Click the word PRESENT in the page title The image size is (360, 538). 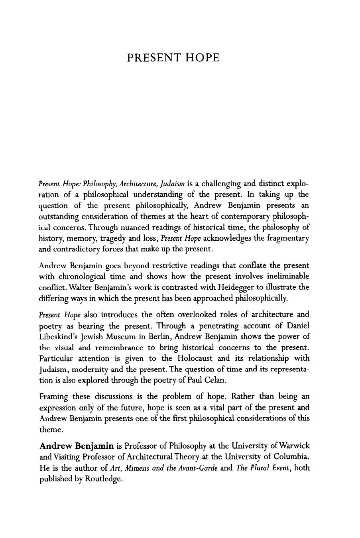point(155,58)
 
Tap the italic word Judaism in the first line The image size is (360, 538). point(172,184)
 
